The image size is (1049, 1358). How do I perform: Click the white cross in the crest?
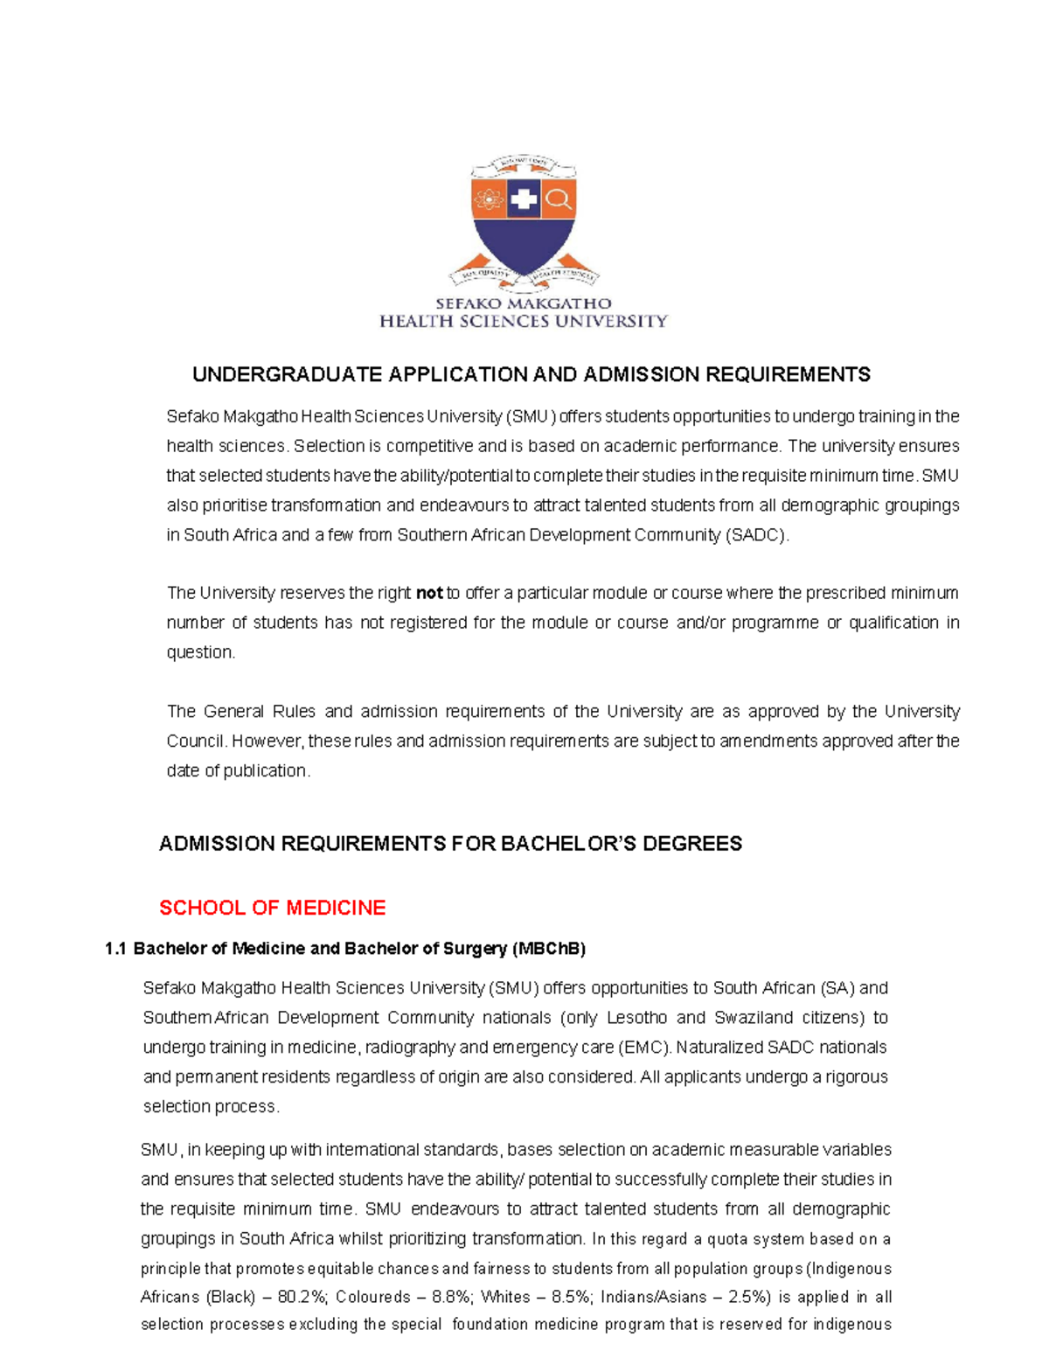[x=524, y=199]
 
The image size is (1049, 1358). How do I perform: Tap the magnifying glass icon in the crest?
[x=558, y=199]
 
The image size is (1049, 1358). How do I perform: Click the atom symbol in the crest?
[x=489, y=200]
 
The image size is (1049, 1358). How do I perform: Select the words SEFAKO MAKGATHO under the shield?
[x=524, y=303]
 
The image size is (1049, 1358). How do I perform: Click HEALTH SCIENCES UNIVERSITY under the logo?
[x=524, y=322]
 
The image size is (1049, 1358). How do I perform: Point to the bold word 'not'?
[x=429, y=593]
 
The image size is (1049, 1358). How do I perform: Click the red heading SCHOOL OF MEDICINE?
[x=272, y=908]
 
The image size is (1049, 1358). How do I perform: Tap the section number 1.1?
[x=115, y=949]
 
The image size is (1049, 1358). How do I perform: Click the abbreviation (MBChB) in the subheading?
[x=548, y=949]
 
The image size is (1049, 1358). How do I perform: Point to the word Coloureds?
[x=372, y=1297]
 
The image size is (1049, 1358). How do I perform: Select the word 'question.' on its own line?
[x=201, y=652]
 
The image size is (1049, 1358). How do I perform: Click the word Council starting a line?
[x=196, y=742]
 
